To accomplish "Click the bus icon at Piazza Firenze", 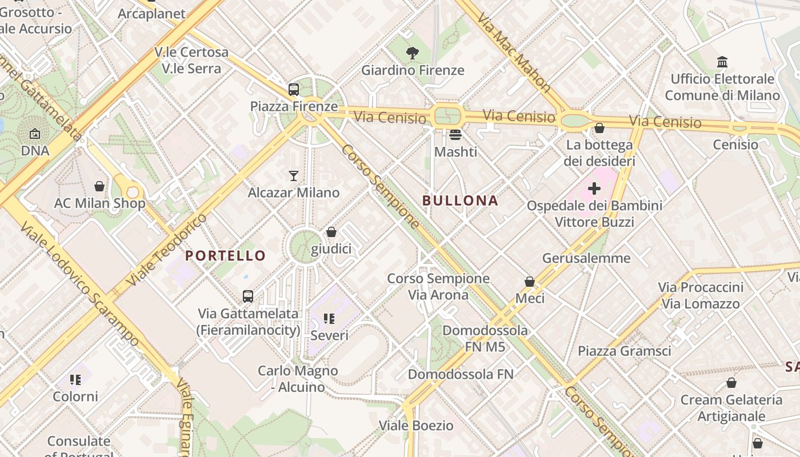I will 293,89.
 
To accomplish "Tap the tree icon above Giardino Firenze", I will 412,54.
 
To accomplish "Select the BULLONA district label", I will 460,201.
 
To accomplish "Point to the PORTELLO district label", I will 226,255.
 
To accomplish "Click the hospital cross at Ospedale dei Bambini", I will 594,188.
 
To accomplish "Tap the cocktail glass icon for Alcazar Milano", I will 294,175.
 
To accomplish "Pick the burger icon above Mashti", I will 455,135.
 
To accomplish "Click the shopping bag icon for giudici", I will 331,232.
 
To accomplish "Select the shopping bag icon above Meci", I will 530,282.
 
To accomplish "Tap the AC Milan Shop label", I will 100,203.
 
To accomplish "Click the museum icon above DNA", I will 35,134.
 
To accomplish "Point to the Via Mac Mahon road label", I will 514,54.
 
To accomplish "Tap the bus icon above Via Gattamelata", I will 247,296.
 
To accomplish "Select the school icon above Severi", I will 329,318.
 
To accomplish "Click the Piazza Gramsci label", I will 624,351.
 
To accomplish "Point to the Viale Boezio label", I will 416,426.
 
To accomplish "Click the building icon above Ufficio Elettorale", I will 722,62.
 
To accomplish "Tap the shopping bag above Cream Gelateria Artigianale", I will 731,383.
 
